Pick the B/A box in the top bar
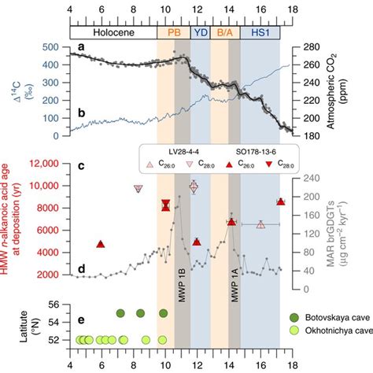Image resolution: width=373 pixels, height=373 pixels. [224, 34]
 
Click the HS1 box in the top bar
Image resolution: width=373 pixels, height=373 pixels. [260, 34]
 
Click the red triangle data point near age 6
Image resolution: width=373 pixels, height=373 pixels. [101, 245]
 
